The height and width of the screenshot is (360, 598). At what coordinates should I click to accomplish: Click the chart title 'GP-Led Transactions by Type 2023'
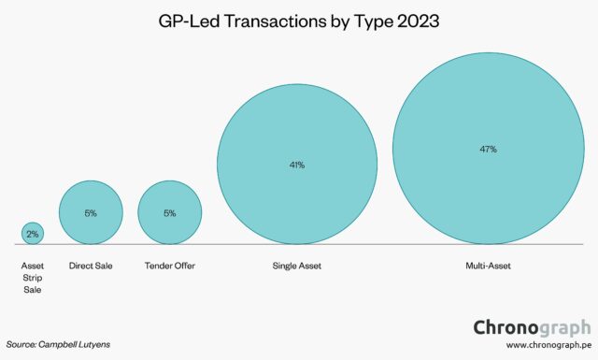click(299, 20)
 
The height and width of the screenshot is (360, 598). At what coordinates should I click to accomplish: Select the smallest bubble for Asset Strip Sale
click(32, 233)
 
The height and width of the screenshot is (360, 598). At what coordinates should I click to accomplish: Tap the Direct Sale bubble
click(91, 212)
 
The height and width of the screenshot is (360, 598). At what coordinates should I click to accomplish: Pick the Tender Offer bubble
click(169, 212)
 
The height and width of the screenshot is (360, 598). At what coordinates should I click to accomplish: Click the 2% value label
click(32, 234)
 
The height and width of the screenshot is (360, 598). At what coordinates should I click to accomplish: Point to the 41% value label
click(297, 165)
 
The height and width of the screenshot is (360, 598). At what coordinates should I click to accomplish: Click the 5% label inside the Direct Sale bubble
click(91, 213)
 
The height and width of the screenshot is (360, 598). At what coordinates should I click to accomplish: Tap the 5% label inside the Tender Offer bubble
click(169, 213)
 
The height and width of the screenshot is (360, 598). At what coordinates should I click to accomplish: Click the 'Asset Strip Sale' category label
click(32, 278)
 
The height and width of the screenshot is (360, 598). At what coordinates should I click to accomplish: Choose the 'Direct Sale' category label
click(91, 266)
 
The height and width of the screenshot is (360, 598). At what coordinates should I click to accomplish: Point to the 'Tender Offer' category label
click(169, 266)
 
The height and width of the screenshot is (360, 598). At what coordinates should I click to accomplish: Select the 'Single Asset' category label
click(297, 266)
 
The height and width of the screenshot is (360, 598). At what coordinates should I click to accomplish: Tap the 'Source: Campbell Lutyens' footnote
click(57, 343)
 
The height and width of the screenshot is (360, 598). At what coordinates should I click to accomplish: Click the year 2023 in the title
click(412, 20)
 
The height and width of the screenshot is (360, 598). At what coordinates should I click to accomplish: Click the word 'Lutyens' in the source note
click(93, 343)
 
